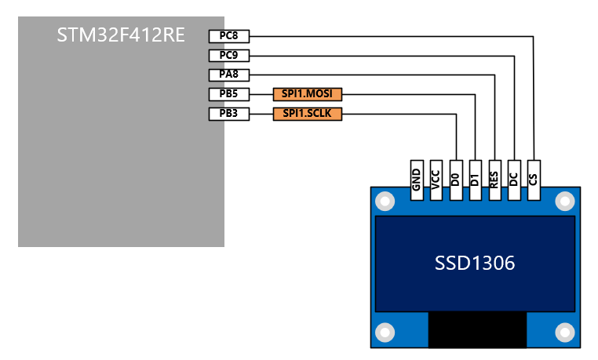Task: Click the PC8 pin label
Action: point(228,36)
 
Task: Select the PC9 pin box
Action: point(228,56)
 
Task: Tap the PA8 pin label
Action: point(228,75)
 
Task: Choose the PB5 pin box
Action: point(228,94)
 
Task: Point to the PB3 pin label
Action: point(228,114)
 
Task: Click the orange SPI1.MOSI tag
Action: point(308,94)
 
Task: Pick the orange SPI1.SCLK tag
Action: point(308,114)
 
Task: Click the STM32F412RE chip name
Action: point(121,35)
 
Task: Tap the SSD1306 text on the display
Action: point(475,264)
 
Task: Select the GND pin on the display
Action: point(417,180)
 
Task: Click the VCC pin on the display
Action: point(436,180)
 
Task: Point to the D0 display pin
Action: point(456,180)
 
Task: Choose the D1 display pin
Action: point(475,180)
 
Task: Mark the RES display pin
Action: point(494,180)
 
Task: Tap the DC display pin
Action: point(514,180)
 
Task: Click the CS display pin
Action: point(534,180)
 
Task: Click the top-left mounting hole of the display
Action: point(385,202)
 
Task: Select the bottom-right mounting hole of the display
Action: point(564,332)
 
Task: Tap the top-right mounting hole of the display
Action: point(564,202)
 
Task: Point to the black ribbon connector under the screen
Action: point(476,329)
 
